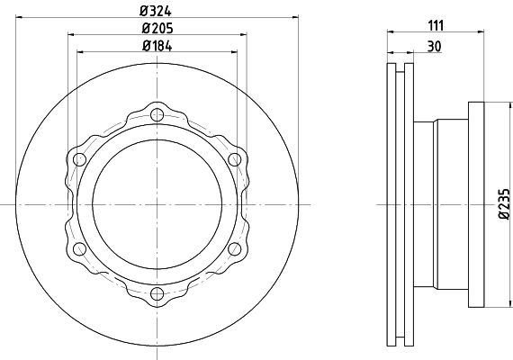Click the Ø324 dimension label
point(156,12)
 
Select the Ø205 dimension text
point(157,29)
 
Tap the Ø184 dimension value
point(157,46)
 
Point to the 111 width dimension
point(436,25)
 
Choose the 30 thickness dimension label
point(435,47)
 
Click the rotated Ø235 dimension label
point(505,203)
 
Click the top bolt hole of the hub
point(157,114)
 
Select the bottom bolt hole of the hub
point(157,293)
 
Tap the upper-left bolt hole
point(79,159)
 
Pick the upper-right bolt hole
point(235,159)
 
